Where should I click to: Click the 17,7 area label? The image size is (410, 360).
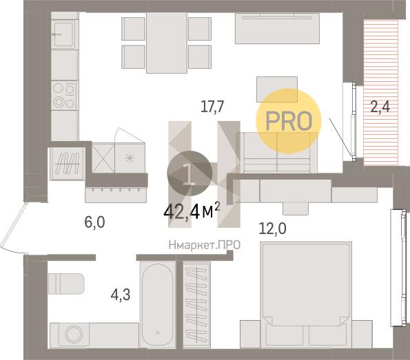coord(212,107)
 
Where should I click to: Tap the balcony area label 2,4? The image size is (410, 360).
coord(380,107)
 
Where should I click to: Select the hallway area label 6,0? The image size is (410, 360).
coord(94,222)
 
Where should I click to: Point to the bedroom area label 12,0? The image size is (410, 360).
coord(272,228)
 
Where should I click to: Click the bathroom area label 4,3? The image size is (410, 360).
coord(121,295)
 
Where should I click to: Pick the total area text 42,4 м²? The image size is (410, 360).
coord(192,212)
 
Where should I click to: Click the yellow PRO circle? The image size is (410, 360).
coord(289,120)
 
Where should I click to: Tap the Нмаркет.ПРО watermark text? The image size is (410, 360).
coord(204,245)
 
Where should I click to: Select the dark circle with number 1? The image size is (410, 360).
coord(189,173)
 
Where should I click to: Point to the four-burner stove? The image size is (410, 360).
coord(64,96)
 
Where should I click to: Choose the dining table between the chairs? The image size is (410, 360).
coord(167,43)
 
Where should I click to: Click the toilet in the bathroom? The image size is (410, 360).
coord(66,284)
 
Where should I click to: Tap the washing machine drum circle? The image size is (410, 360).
coord(74,334)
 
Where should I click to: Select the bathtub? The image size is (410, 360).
coord(158,304)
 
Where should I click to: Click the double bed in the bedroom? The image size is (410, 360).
coord(307,295)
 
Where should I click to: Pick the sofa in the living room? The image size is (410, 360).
coord(277,153)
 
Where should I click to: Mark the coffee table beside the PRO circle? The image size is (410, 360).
coord(277,89)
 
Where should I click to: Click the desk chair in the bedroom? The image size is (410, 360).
coord(296,208)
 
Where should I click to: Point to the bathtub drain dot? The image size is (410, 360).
coord(158,332)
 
